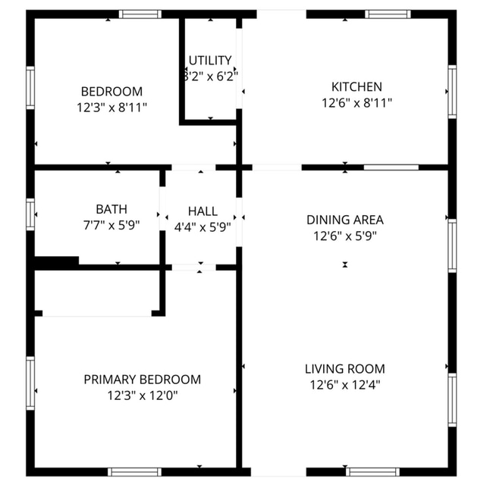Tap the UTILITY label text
(210, 60)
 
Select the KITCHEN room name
(356, 86)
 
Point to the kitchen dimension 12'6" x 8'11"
(356, 102)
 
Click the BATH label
(111, 208)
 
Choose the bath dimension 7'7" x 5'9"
(111, 224)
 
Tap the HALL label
(203, 211)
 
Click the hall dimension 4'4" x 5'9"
(203, 226)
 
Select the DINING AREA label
(345, 220)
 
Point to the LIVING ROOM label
(345, 369)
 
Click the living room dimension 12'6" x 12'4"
(345, 385)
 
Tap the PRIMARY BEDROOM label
(143, 380)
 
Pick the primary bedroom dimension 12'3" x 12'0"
(143, 395)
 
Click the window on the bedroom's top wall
(140, 14)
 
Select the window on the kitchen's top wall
(388, 14)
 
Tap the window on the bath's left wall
(31, 214)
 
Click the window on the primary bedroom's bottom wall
(134, 471)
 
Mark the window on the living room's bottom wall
(372, 471)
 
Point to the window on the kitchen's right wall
(452, 92)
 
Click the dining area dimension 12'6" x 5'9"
(345, 236)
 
